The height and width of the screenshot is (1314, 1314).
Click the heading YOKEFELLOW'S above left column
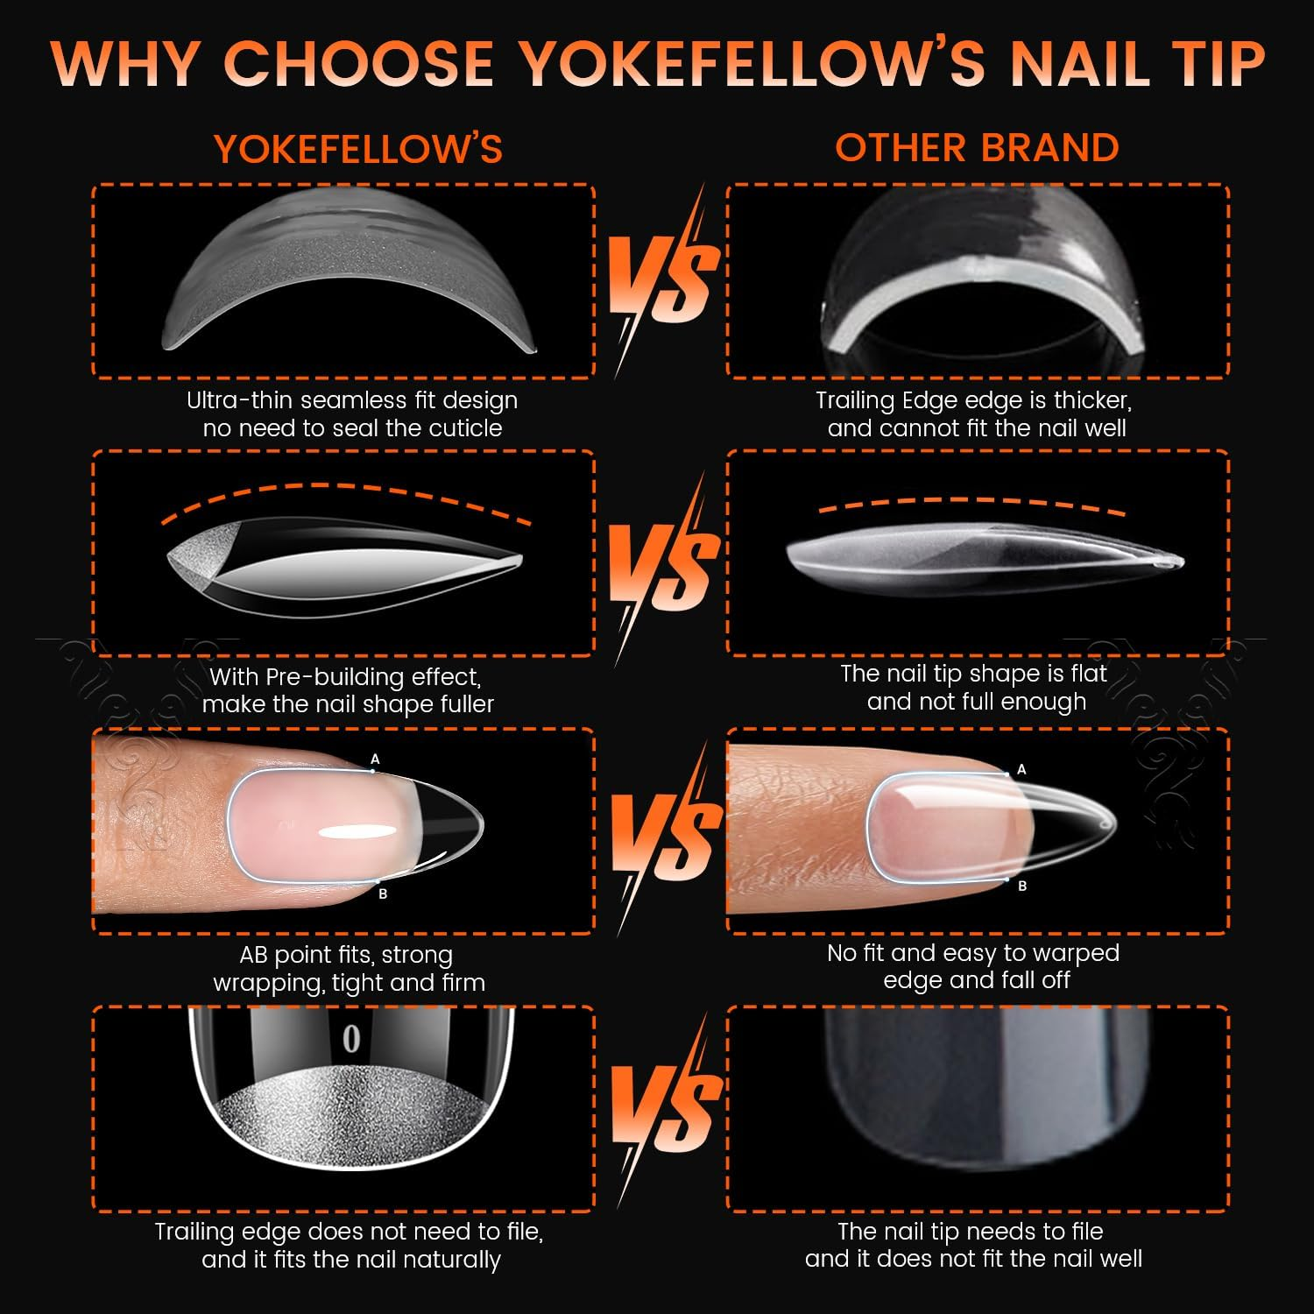[358, 149]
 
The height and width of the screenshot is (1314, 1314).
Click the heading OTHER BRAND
[977, 147]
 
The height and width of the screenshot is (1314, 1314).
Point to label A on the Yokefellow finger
[375, 759]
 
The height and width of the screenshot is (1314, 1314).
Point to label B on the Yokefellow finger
[383, 894]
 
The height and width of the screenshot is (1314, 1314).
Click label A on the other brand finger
[1021, 769]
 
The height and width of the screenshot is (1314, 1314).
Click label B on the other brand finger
[1022, 886]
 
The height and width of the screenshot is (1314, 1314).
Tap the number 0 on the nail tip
[351, 1039]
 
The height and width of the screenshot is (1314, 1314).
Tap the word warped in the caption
[1078, 952]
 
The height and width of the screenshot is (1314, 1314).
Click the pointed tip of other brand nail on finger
[1110, 823]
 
